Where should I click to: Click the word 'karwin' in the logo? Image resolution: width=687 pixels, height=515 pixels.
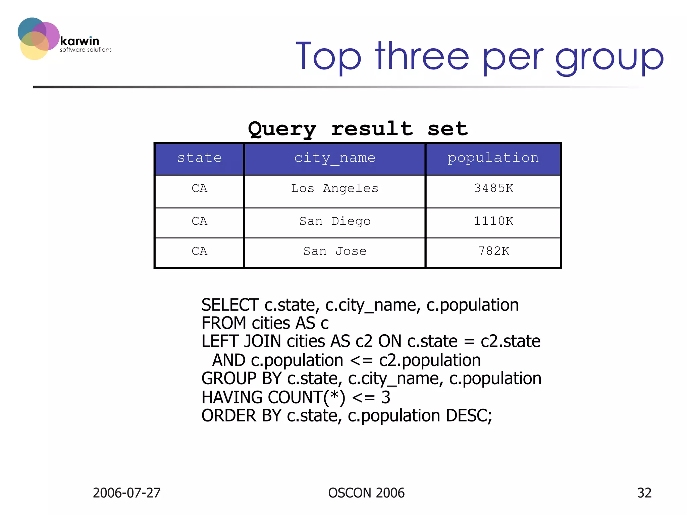click(80, 41)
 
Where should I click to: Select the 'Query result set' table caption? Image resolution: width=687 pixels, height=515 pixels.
click(358, 129)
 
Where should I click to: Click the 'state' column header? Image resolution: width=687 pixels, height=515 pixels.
click(199, 158)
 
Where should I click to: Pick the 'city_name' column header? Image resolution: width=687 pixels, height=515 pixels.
click(334, 158)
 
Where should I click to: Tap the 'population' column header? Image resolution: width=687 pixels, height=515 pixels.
click(493, 158)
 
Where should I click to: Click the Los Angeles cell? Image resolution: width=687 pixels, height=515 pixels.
click(334, 188)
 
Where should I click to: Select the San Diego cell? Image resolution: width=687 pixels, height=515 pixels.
click(334, 221)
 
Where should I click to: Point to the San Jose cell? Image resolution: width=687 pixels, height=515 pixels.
click(334, 251)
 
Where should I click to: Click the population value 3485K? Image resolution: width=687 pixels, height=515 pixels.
click(493, 188)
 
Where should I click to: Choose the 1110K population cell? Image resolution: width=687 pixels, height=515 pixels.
click(493, 221)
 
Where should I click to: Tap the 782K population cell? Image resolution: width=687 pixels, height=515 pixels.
click(493, 251)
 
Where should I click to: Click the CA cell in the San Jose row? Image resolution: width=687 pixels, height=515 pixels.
click(199, 251)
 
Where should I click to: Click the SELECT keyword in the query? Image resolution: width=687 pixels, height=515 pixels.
click(230, 305)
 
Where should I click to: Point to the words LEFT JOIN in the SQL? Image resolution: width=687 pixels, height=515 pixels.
click(241, 342)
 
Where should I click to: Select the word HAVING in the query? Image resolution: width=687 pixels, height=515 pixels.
click(232, 398)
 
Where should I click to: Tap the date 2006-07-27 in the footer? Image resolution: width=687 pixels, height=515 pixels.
click(126, 493)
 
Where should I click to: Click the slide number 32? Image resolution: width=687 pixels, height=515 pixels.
click(644, 493)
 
